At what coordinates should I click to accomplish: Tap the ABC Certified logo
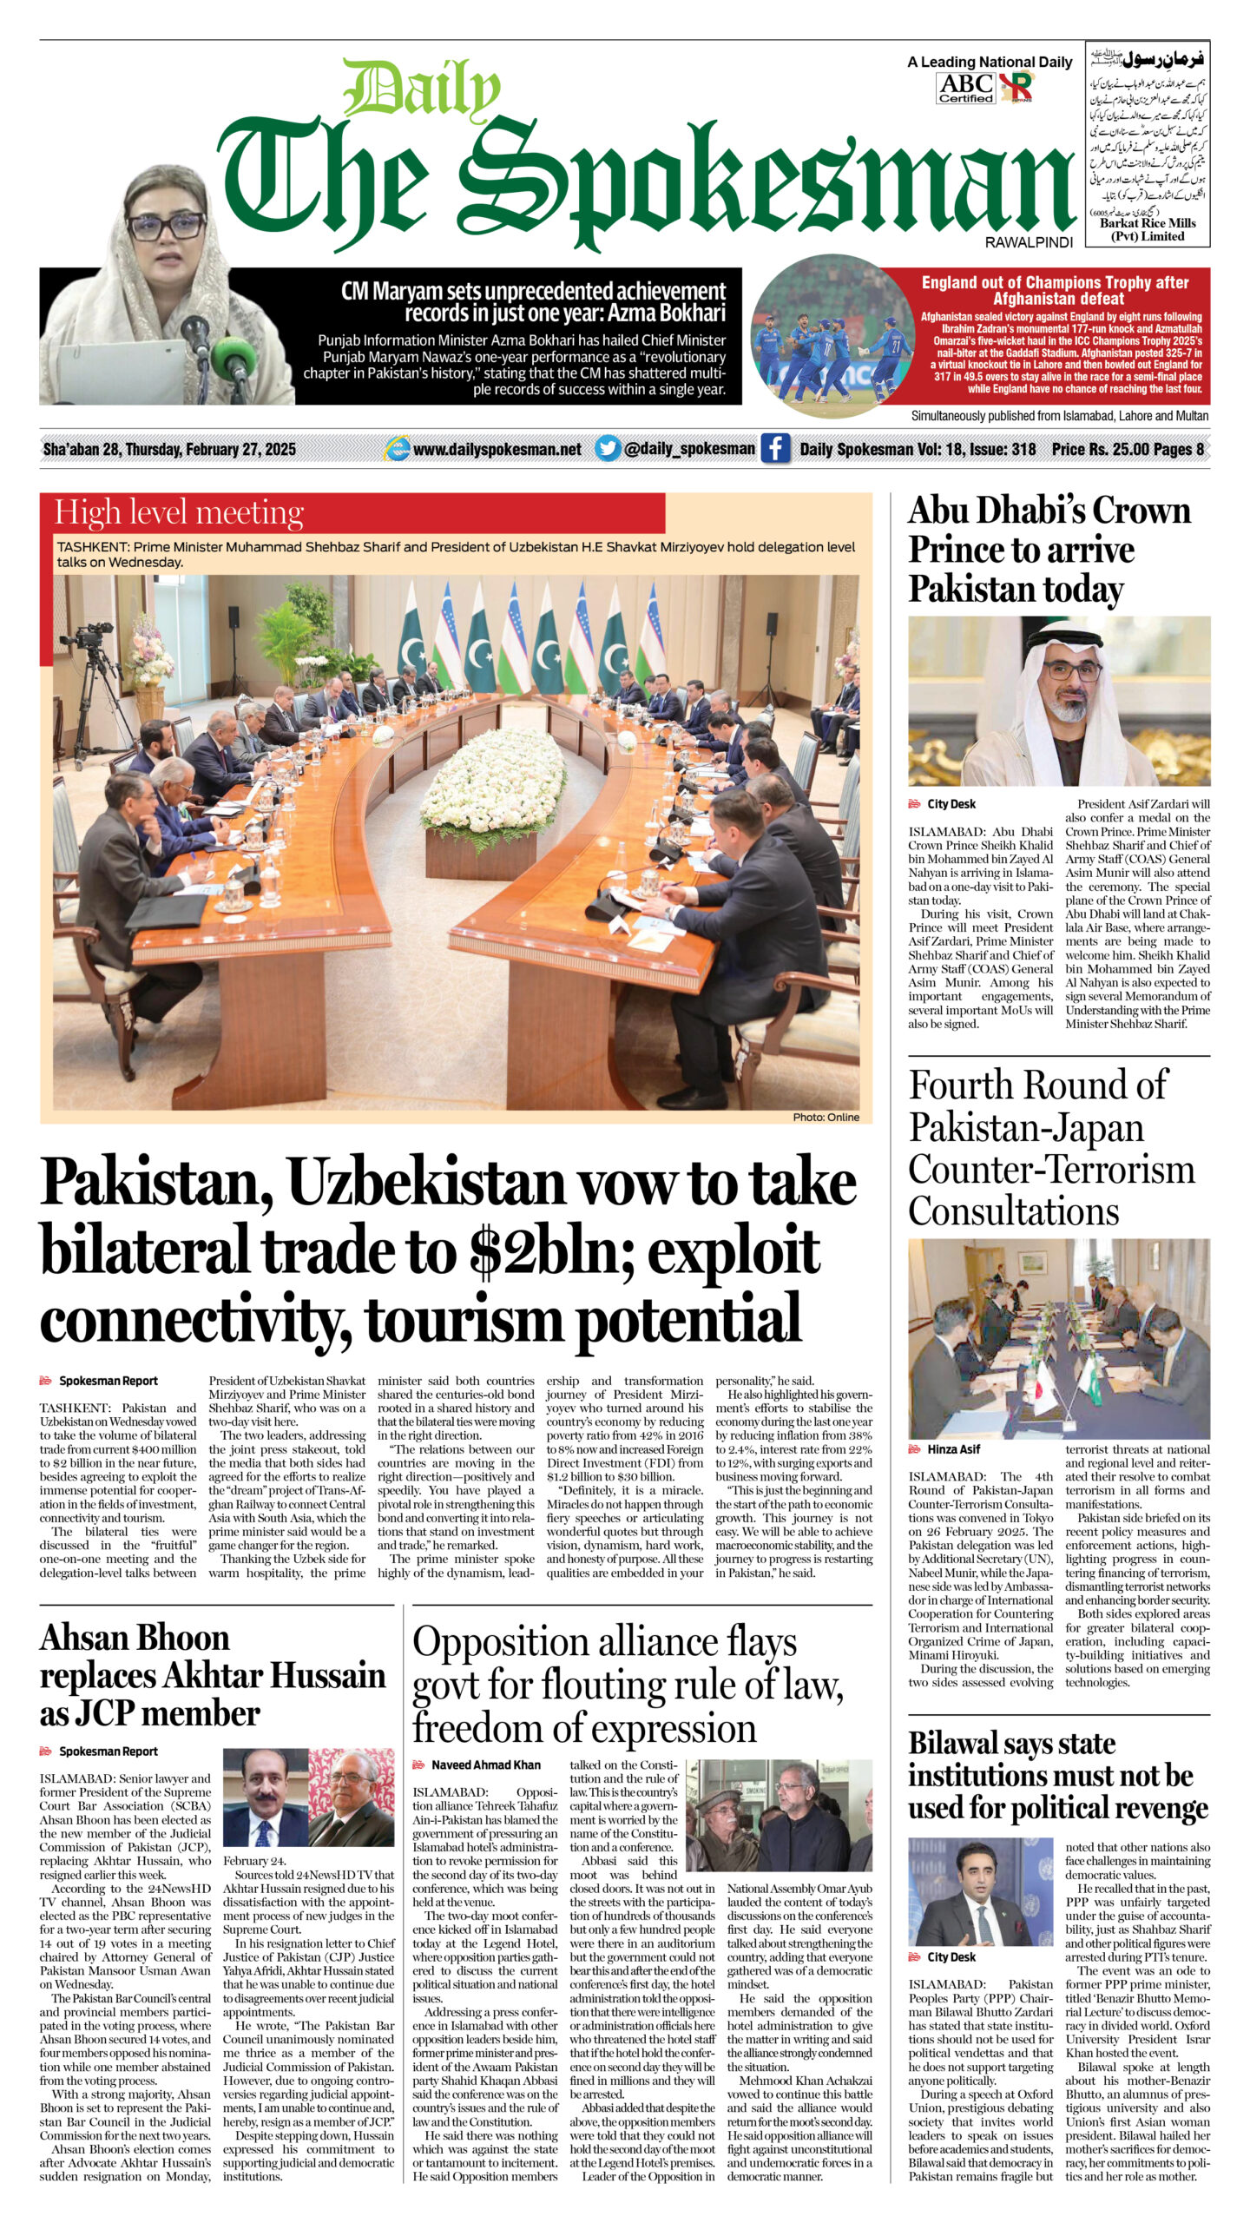click(966, 88)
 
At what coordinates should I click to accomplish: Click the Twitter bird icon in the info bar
click(608, 449)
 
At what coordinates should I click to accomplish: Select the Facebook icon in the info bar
click(774, 449)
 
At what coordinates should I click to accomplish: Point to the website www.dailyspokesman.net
click(497, 450)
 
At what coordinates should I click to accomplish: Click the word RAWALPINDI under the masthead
click(1029, 243)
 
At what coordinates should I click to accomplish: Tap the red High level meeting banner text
click(179, 513)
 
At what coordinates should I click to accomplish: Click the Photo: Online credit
click(826, 1117)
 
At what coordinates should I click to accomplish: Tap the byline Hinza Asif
click(953, 1449)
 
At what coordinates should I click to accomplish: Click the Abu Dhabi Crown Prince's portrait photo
click(1058, 701)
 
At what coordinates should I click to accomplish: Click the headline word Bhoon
click(182, 1638)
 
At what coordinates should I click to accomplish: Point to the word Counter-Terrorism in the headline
click(1051, 1169)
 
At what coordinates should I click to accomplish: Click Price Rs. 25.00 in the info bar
click(1097, 449)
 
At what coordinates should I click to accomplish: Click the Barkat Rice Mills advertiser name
click(1147, 223)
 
